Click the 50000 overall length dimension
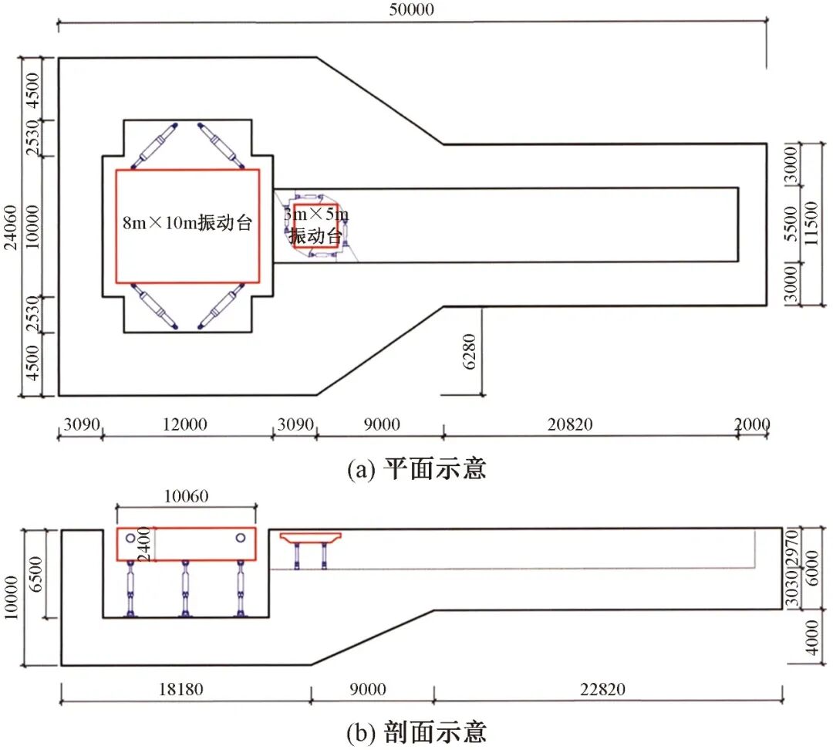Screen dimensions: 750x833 click(412, 10)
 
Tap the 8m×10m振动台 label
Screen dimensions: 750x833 click(188, 224)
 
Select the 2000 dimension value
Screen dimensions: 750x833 click(753, 424)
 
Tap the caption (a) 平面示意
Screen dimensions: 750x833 click(417, 469)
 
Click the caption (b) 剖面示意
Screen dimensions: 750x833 click(417, 731)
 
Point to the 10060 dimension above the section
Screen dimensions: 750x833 click(187, 495)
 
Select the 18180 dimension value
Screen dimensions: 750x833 click(180, 689)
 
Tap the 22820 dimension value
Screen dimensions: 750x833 click(609, 689)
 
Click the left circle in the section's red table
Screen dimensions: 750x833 click(131, 537)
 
